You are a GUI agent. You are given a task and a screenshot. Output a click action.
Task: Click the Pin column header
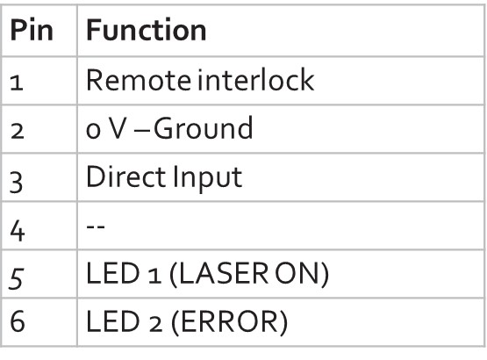pos(32,30)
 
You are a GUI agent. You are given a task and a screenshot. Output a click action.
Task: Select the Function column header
pos(146,30)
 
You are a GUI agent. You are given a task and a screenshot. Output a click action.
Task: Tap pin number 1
pos(17,83)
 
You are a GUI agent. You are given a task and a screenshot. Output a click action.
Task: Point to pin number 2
pos(17,131)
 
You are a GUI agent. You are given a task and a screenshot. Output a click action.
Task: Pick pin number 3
pos(16,183)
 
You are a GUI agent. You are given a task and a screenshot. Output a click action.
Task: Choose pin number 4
pos(18,231)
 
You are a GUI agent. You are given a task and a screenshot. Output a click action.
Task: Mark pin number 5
pos(16,278)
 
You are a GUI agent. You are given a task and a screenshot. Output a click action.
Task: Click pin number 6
pos(17,321)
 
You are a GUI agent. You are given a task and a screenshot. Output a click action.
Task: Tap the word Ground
pos(204,128)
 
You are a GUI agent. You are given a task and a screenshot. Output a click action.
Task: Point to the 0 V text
pos(105,128)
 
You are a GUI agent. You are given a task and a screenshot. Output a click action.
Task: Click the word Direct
pos(126,176)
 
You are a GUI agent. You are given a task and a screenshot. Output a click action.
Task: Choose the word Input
pos(207,177)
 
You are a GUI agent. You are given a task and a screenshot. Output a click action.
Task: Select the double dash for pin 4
pos(96,226)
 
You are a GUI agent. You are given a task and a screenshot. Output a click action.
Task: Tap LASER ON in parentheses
pos(249,274)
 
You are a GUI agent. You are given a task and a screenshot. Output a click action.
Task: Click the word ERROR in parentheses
pos(230,322)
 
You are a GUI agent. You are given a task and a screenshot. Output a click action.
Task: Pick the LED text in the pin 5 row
pos(113,273)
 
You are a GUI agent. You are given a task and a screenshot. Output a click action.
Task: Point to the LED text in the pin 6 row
pos(113,321)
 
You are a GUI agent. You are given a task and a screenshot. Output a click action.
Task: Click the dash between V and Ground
pos(141,132)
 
